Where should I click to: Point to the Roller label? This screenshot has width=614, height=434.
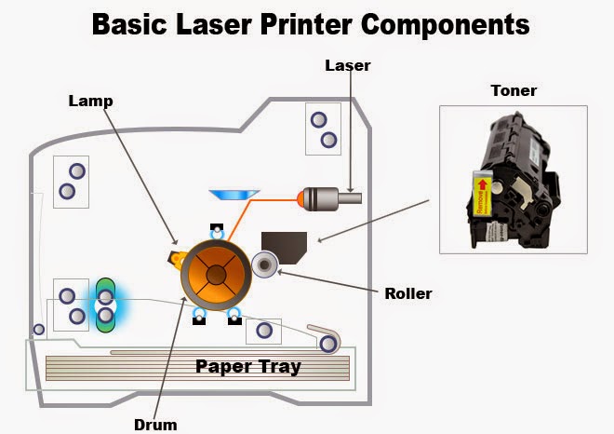[x=408, y=293]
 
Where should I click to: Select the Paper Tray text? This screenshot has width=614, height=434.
[x=247, y=366]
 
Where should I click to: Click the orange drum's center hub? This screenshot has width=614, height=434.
[x=215, y=272]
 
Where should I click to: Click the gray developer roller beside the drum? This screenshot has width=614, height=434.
[x=267, y=266]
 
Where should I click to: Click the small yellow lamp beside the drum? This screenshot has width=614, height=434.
[x=174, y=256]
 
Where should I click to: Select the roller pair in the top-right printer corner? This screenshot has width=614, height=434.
[x=323, y=129]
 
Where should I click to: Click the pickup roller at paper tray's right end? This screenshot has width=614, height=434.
[x=327, y=344]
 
